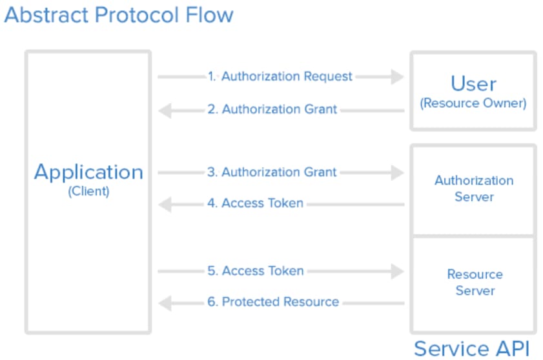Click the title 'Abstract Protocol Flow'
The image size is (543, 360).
[x=119, y=15]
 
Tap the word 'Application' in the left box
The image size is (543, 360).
[x=88, y=172]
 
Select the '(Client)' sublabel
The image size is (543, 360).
[x=88, y=191]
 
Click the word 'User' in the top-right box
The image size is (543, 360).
[x=473, y=83]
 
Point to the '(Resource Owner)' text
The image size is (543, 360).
[x=473, y=103]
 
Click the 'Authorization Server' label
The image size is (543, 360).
[x=474, y=188]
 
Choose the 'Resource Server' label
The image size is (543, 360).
[x=475, y=283]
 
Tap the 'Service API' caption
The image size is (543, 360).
[x=472, y=348]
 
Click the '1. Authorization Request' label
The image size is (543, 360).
[x=280, y=76]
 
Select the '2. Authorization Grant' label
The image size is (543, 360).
[x=272, y=110]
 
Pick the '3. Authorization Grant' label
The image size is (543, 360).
[x=272, y=172]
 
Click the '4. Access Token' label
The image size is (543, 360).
[x=255, y=203]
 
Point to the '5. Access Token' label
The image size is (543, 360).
[x=256, y=271]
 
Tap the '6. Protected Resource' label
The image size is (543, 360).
[x=273, y=302]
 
